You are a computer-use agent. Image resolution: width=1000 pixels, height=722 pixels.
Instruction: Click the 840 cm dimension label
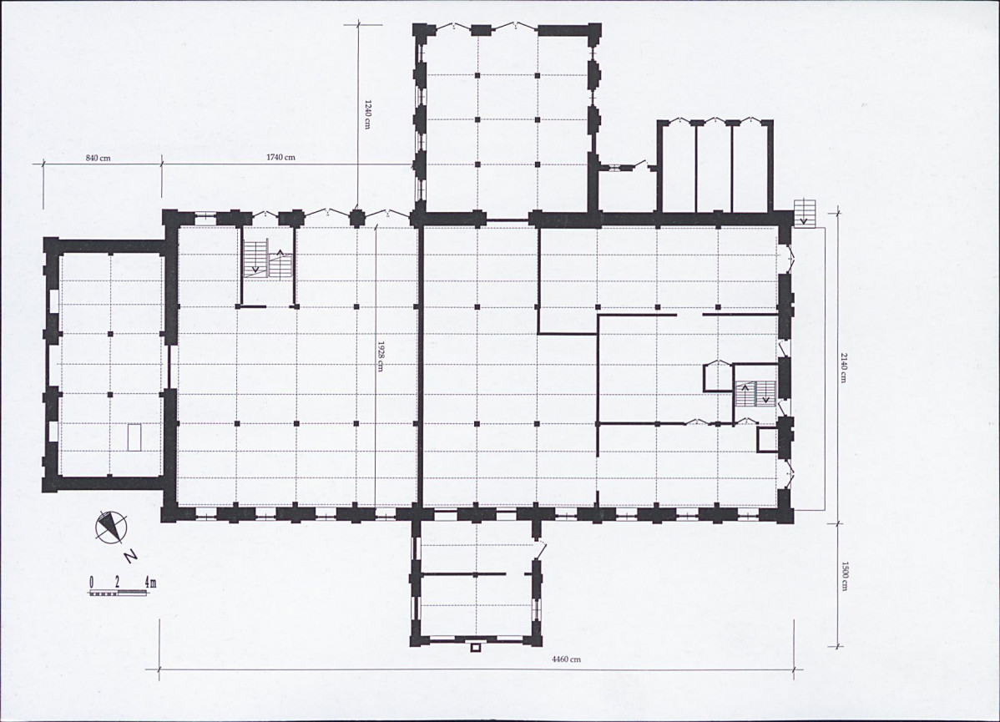tap(98, 158)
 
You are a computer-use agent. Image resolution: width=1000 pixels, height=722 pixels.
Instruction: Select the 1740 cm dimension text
tap(280, 157)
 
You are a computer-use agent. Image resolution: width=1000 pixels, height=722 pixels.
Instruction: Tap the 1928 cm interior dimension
tap(381, 356)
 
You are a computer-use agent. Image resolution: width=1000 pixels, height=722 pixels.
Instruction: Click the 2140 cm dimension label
tap(842, 368)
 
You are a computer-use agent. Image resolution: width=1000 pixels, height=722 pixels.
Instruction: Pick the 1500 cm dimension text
tap(842, 576)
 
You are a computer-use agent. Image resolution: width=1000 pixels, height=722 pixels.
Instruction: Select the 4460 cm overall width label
tap(566, 659)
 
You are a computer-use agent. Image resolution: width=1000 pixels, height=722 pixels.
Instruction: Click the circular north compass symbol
tap(111, 527)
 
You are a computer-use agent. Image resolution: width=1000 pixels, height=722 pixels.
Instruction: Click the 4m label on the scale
tap(150, 582)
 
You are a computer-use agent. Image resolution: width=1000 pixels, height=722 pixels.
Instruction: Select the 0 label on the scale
tap(92, 582)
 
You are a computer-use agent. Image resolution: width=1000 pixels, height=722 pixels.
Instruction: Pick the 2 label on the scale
tap(118, 582)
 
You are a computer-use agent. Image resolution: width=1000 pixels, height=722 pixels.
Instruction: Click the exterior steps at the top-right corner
tap(804, 211)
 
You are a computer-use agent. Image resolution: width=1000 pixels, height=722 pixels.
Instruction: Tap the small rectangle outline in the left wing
tap(134, 437)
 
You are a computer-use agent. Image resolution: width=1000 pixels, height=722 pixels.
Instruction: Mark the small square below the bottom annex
tap(474, 648)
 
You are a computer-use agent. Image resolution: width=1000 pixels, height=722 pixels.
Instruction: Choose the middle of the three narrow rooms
tap(715, 167)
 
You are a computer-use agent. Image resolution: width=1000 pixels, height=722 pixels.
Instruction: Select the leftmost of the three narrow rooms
tap(679, 167)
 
